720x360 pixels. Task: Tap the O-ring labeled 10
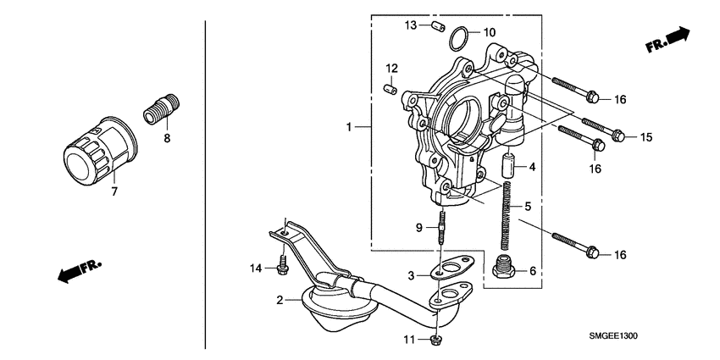tap(458, 38)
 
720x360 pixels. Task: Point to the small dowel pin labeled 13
tap(438, 27)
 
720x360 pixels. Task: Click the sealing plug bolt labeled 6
tap(504, 269)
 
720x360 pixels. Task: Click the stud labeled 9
tap(441, 229)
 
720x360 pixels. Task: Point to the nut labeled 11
tap(435, 341)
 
